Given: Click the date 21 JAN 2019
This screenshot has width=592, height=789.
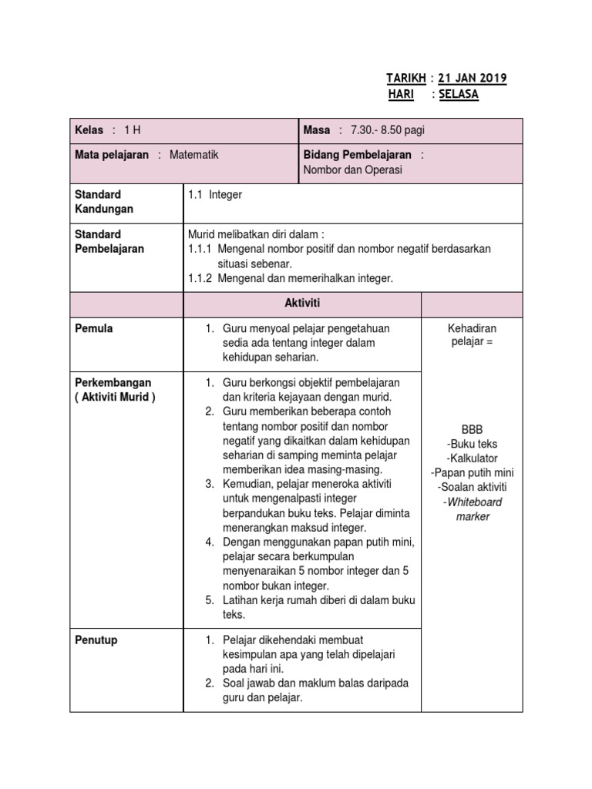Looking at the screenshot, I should pos(473,79).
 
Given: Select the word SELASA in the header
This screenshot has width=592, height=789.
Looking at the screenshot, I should pos(458,94).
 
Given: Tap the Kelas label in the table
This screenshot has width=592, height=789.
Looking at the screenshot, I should pos(89,130).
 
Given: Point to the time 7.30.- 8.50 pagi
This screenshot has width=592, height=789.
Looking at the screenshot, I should pos(387,130).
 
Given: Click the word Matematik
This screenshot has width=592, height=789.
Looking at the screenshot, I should pos(193,155).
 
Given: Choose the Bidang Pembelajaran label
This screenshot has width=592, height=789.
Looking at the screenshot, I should pos(358,155).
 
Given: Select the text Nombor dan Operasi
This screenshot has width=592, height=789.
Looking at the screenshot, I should pos(353,170).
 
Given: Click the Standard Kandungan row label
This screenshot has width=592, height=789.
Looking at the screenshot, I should pos(104,202).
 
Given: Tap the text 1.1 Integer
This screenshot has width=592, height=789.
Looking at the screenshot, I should pos(215,195).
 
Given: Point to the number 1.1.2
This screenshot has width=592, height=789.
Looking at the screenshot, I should pos(201,278).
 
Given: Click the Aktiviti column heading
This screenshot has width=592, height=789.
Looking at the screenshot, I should pos(302,305).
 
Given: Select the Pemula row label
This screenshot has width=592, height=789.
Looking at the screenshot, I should pos(94,329).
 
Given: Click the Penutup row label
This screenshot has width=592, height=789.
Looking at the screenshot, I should pos(96,640).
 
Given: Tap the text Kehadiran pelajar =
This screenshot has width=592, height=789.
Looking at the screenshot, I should pos(472,335).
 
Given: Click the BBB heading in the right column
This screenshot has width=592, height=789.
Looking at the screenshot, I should pos(472,429).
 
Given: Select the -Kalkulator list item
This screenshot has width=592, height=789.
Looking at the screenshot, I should pos(472,458).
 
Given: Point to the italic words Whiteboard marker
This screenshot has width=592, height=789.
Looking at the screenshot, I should pos(472,509).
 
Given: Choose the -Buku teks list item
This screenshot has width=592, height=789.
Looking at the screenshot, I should pos(472,444).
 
